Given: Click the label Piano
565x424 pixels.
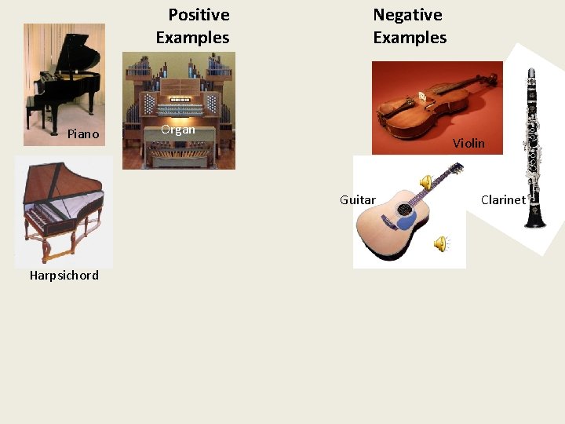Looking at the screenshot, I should pos(83,134).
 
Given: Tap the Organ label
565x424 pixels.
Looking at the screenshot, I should pos(177,130).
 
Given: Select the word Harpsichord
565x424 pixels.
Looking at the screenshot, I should pos(64,276).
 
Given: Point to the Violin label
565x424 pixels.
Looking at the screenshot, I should pos(468,144).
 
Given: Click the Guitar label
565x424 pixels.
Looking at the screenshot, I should pos(358,200).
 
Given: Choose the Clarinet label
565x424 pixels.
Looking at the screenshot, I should pos(503,200).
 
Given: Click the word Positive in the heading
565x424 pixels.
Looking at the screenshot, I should pos(199,15).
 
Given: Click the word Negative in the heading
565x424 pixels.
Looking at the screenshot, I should pos(407,15).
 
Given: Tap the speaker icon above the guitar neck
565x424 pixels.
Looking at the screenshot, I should pos(426,182).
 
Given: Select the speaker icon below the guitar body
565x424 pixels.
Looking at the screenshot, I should pos(441,244).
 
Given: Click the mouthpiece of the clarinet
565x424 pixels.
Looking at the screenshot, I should pos(531,75).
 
